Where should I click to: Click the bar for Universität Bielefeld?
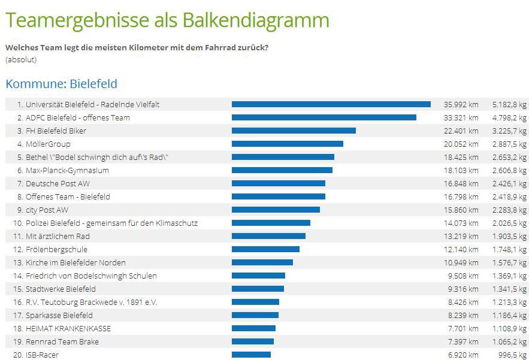(331, 104)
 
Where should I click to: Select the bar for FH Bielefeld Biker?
(294, 131)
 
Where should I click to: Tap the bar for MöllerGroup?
(288, 144)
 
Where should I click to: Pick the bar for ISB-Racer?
(251, 355)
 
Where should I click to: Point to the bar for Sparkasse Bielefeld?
(255, 315)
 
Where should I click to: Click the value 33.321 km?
(461, 117)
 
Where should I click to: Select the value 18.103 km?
(461, 170)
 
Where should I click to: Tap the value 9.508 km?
(463, 276)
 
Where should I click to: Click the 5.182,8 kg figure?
(509, 104)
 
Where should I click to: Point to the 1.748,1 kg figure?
(509, 249)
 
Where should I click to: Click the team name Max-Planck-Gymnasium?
(67, 170)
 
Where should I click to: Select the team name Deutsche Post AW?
(58, 183)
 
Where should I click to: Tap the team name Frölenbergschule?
(56, 249)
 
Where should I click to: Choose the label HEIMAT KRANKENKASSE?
(68, 328)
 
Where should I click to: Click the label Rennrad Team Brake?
(62, 341)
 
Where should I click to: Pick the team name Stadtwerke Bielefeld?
(61, 289)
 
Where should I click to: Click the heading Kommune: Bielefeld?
(61, 84)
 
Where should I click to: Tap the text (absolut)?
(21, 59)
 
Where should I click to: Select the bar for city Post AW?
(276, 210)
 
